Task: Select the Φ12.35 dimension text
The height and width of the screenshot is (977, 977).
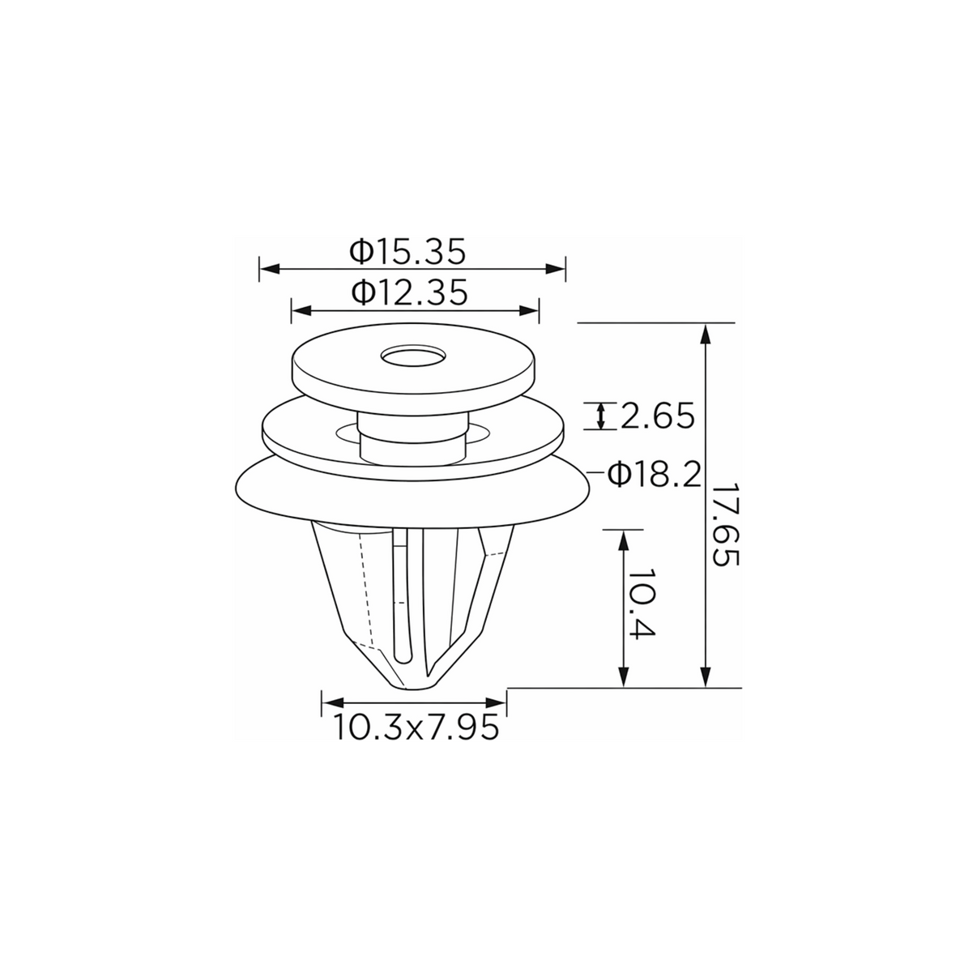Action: pos(408,292)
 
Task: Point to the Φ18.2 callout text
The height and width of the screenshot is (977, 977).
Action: pos(654,475)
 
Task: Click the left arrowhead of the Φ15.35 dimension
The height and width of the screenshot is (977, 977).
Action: pos(270,269)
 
